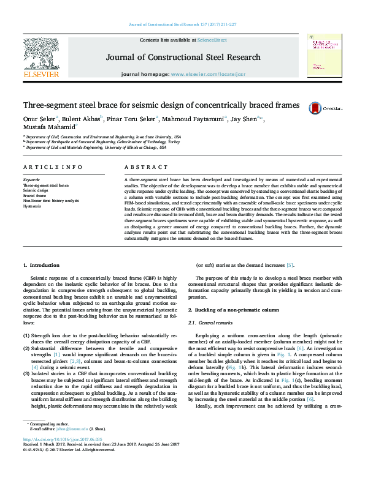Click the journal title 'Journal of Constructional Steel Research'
coord(183,58)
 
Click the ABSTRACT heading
coord(145,166)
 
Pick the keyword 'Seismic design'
coord(36,190)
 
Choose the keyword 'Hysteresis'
coord(33,206)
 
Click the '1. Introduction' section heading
coord(41,265)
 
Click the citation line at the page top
coord(182,25)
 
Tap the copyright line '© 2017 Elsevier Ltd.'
coord(74,467)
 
